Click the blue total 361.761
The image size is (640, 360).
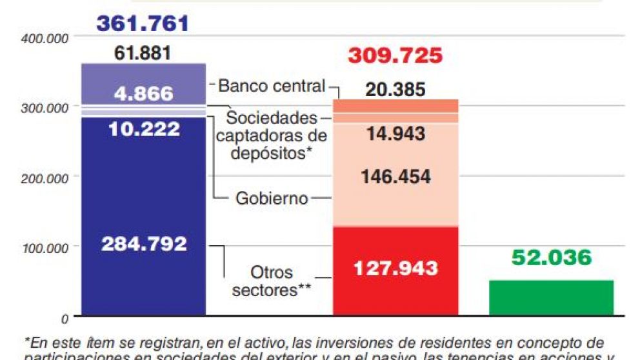pos(143,24)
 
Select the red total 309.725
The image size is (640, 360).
pos(395,55)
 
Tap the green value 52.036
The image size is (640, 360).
pos(551,258)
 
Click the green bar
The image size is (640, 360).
pos(551,298)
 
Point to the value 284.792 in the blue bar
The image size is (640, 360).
pos(144,245)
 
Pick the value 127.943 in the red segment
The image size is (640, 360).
pos(395,268)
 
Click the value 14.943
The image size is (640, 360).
pos(395,134)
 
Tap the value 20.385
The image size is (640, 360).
pos(395,90)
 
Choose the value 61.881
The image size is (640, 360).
pos(143,53)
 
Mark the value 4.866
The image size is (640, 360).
pos(144,94)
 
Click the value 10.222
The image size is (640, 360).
pos(144,129)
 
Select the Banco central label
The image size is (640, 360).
pos(271,86)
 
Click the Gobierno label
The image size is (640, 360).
pos(271,198)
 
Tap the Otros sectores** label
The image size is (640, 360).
pos(272,281)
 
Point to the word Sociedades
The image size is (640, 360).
pos(271,119)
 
